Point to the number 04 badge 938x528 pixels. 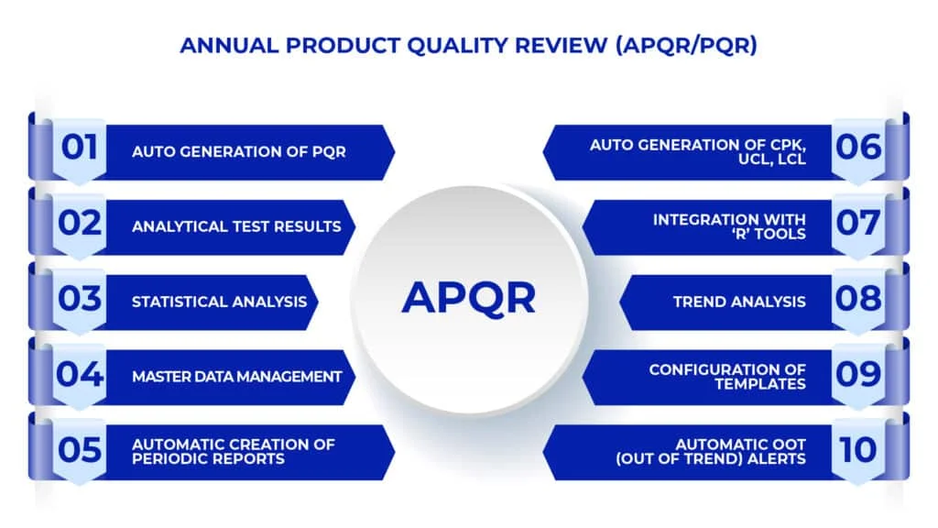(80, 374)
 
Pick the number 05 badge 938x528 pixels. (80, 449)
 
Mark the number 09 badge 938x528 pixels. (858, 374)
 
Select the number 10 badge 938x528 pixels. (858, 449)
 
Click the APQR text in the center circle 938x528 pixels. (468, 298)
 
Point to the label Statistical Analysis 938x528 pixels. (220, 302)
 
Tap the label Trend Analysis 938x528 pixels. (739, 302)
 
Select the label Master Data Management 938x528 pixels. (237, 377)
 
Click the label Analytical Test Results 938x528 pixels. (236, 226)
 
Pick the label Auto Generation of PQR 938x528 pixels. (239, 151)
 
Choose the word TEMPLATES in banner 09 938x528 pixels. (760, 384)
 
